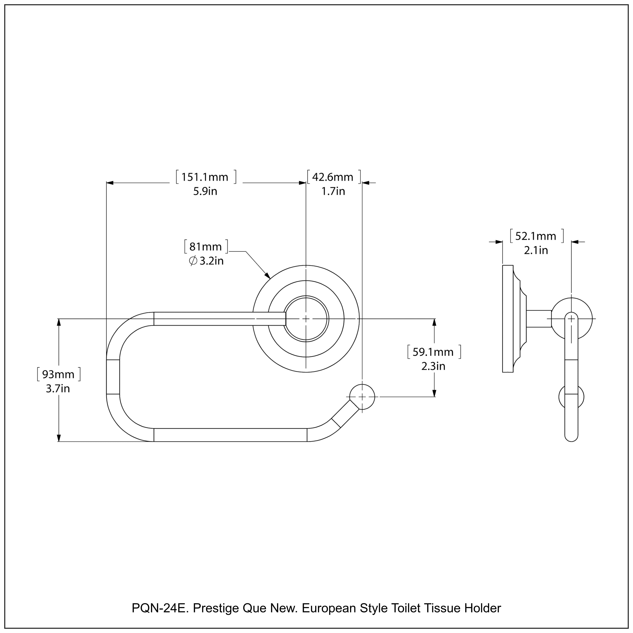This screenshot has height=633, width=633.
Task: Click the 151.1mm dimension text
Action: pyautogui.click(x=205, y=177)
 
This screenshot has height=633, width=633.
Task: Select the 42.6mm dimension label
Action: pyautogui.click(x=333, y=177)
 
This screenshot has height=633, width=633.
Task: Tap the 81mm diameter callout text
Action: pyautogui.click(x=206, y=247)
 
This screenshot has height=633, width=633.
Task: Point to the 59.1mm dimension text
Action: pyautogui.click(x=433, y=352)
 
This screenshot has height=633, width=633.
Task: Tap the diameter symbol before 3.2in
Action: pyautogui.click(x=193, y=261)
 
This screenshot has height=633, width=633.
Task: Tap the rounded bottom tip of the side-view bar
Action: pyautogui.click(x=571, y=438)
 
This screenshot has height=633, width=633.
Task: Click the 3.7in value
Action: pyautogui.click(x=58, y=389)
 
